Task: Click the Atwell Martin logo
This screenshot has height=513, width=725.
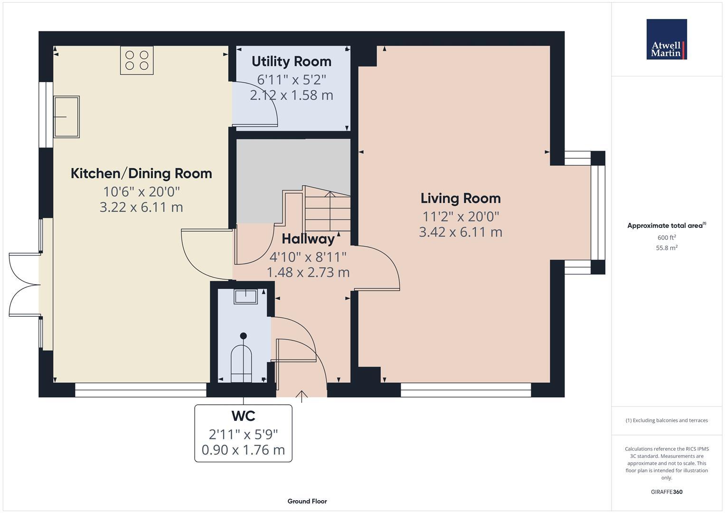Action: point(666,39)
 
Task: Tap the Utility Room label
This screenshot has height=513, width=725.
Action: point(291,61)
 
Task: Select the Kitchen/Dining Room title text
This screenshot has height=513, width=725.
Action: point(141,173)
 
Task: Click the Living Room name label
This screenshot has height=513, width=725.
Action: point(460,198)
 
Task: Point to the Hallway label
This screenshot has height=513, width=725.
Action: point(308,238)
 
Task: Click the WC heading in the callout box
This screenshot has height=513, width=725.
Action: point(243,416)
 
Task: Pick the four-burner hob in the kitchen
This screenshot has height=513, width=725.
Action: point(137,60)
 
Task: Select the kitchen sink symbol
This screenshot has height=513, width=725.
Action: point(66,117)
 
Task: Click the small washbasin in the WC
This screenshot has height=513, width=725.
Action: point(245,296)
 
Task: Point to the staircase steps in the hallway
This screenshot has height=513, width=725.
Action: point(327,209)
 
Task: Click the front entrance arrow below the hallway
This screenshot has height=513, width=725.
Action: point(301,396)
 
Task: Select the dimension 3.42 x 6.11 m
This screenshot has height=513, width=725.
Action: point(460,232)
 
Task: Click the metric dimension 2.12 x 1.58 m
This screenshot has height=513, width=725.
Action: point(291,95)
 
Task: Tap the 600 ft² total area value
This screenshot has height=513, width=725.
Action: point(666,237)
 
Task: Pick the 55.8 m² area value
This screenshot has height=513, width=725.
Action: point(666,247)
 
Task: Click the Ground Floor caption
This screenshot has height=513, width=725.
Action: point(307,501)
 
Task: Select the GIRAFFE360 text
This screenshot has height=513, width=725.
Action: point(666,492)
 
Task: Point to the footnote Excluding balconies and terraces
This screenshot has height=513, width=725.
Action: point(666,420)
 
